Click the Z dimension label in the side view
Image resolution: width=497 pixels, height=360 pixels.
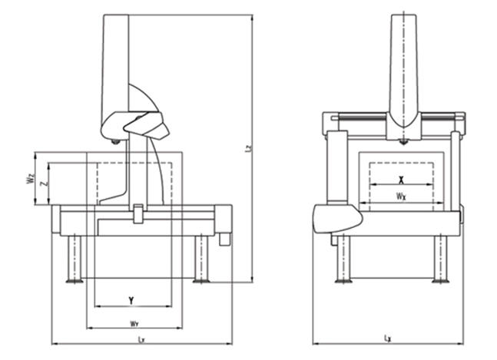(x=44, y=185)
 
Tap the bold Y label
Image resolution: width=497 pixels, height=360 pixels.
(x=132, y=298)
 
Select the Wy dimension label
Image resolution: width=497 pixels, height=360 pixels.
(x=134, y=323)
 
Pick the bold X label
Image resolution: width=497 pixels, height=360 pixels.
(x=401, y=178)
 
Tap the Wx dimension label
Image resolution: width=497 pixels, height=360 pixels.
(x=401, y=197)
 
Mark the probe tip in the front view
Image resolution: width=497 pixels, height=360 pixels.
(x=403, y=142)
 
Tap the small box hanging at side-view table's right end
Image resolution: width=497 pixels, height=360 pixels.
(x=224, y=239)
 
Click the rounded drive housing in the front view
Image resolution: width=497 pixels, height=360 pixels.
(x=336, y=218)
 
